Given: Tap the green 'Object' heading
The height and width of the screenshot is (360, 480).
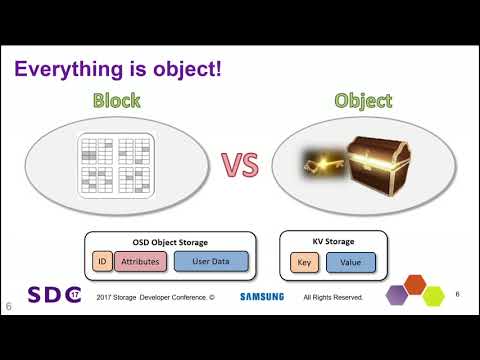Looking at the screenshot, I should point(364,101).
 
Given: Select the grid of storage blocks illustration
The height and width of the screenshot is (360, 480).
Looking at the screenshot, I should point(117,165).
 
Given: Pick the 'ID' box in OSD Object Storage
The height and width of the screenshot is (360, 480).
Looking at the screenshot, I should point(101,262).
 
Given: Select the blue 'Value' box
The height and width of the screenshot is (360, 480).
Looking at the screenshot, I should point(350,263).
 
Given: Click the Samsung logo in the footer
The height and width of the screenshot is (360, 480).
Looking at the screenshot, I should point(262,297).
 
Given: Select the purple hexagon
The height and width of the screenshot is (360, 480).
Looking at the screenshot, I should point(397,295).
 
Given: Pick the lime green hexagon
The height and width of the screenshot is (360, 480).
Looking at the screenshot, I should point(433,295).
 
